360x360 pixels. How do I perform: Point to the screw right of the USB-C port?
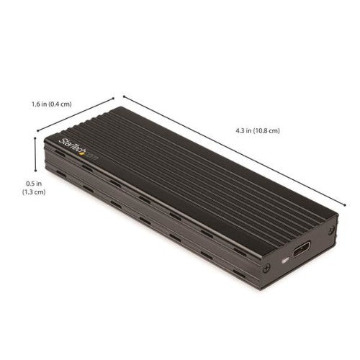(x=330, y=232)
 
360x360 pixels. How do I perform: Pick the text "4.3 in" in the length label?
(x=245, y=130)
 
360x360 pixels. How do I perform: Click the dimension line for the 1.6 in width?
(x=76, y=114)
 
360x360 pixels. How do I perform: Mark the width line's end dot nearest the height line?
(x=37, y=130)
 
